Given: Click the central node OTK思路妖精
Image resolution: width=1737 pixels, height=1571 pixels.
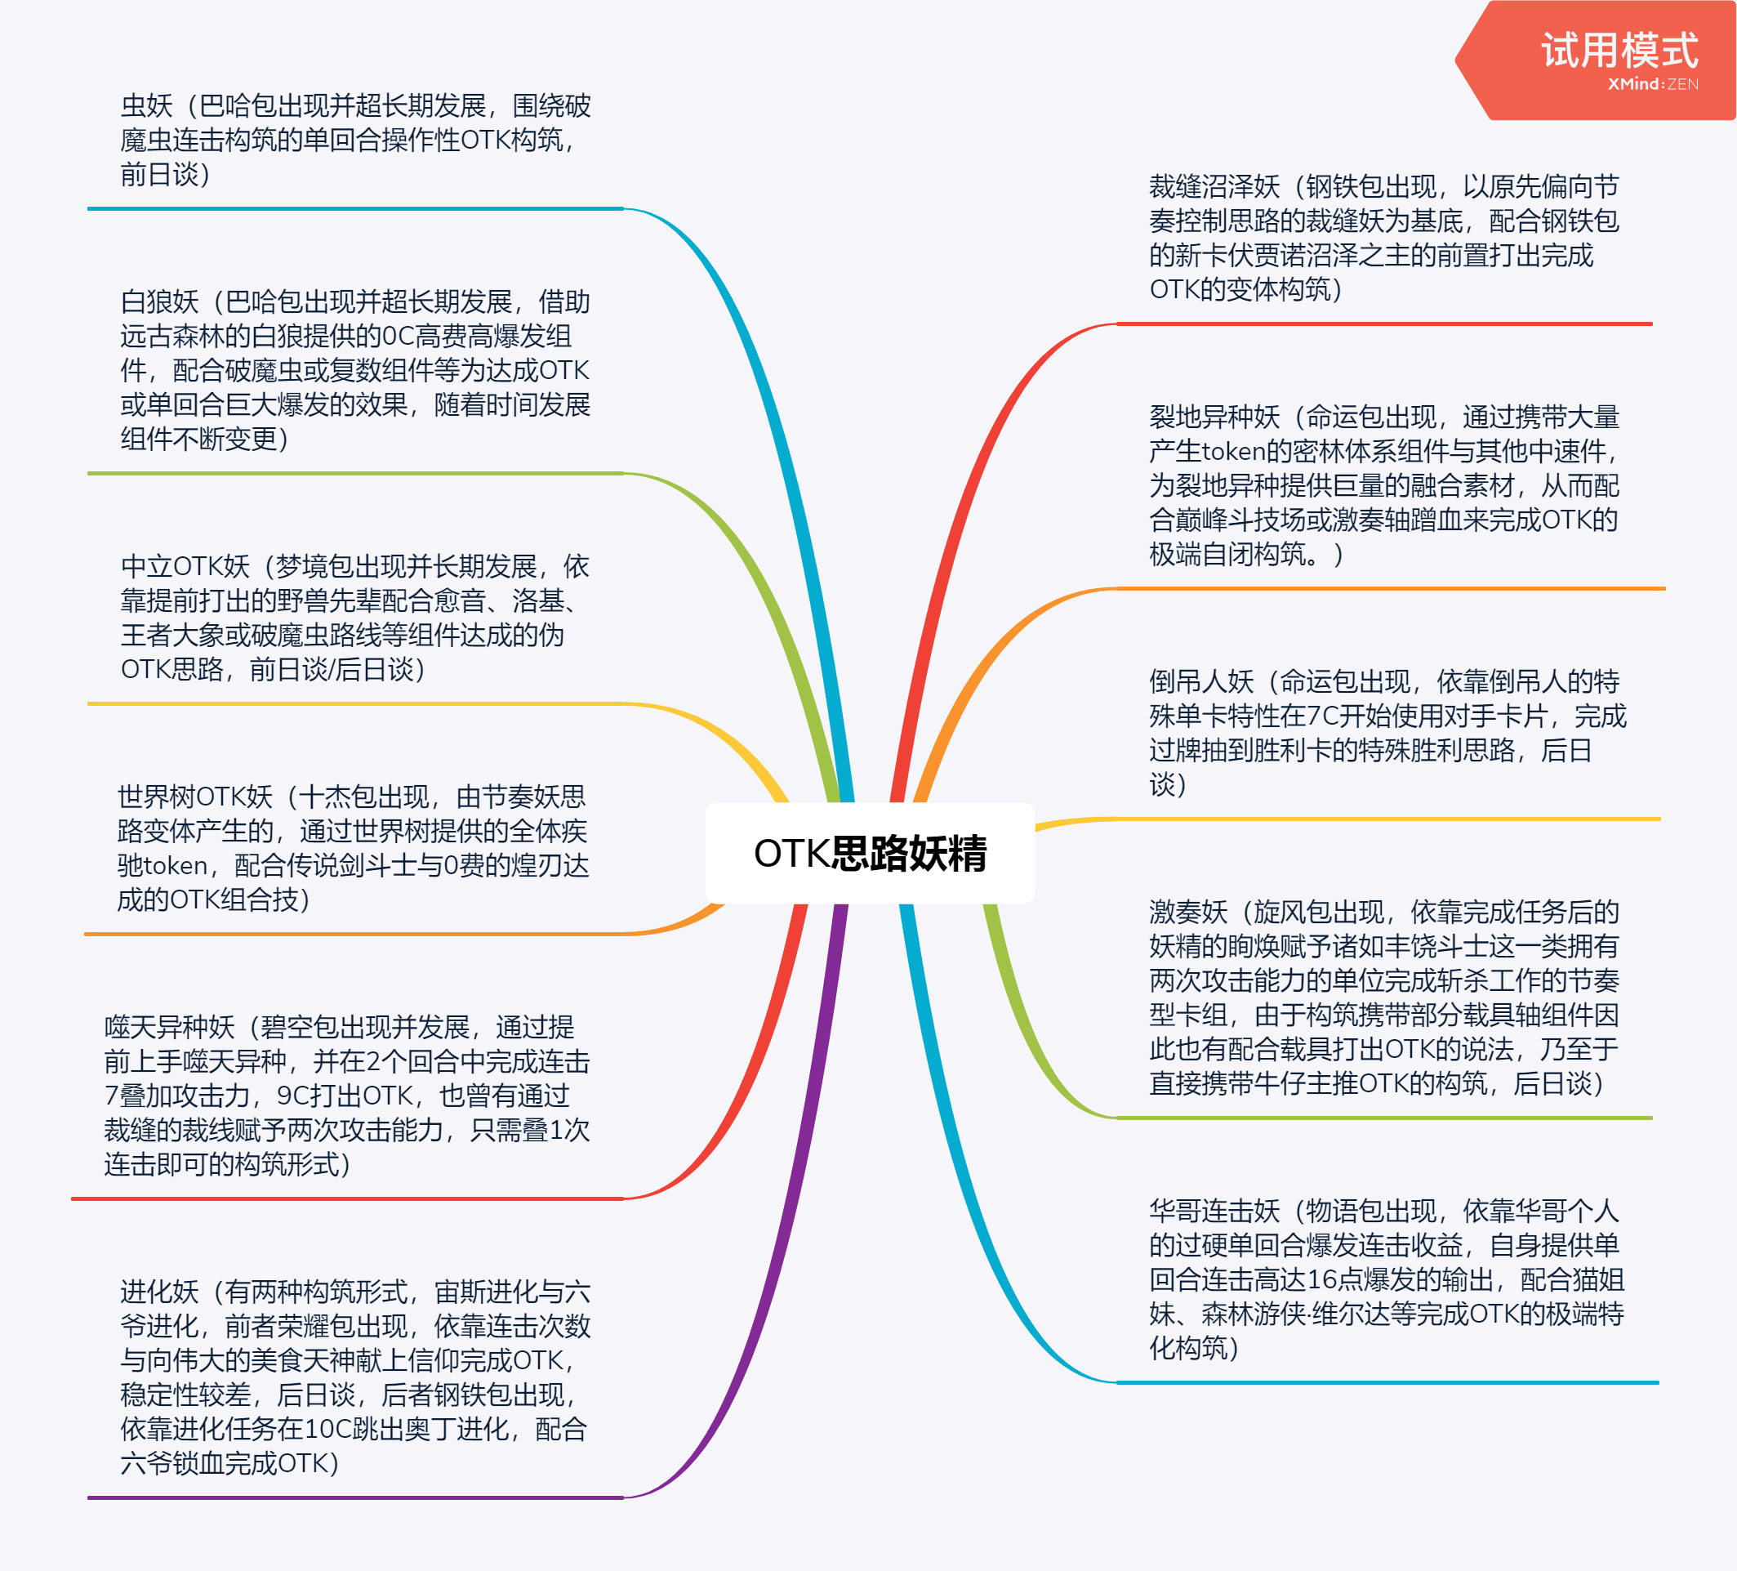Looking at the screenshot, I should point(870,853).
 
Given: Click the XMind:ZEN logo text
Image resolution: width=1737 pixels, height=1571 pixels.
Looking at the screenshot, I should point(1653,84).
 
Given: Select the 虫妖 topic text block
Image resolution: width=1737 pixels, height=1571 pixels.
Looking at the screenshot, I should point(355,141).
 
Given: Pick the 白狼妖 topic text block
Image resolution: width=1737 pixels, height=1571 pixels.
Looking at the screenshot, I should point(355,371).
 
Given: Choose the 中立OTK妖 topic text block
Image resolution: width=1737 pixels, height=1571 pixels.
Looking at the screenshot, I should point(355,618).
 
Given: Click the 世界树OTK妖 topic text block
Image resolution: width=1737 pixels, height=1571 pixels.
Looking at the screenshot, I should point(354,848).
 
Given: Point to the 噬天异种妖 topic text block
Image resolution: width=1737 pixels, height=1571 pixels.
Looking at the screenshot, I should point(347,1096).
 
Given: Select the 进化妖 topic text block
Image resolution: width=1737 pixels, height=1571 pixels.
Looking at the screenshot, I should point(355,1377).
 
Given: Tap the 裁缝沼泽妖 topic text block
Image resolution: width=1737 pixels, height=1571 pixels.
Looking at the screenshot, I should point(1383,238).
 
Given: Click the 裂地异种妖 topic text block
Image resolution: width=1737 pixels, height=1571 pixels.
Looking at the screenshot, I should point(1383,485).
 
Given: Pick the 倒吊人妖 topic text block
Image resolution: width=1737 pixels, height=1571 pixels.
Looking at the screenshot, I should point(1387,733).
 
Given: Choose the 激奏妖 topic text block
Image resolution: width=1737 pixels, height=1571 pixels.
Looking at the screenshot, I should point(1383,997).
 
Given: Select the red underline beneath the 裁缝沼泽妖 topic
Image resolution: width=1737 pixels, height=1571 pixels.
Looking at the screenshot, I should point(1383,324).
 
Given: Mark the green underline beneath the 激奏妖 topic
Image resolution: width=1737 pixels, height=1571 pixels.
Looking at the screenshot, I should point(1383,1118).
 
